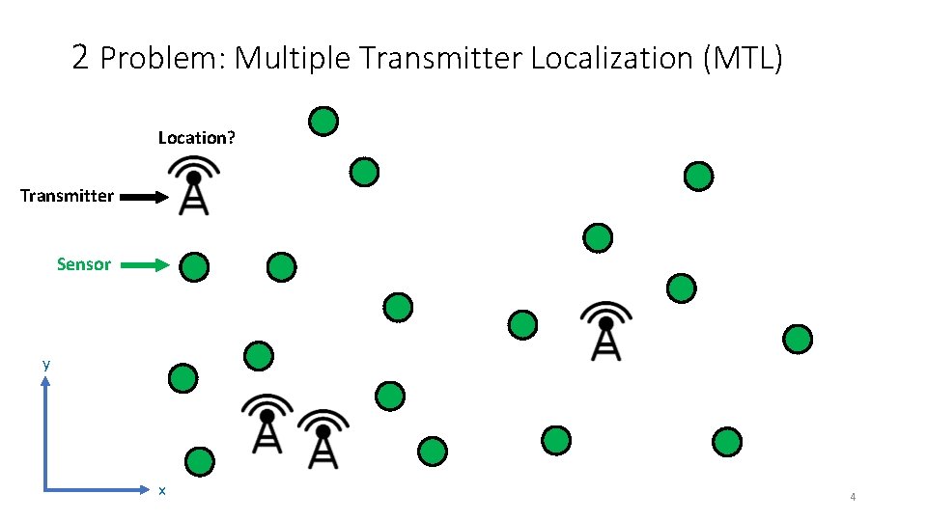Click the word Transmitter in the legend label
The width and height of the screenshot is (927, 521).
tap(67, 197)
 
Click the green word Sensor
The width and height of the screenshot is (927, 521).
tap(84, 264)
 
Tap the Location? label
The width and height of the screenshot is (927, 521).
tap(196, 138)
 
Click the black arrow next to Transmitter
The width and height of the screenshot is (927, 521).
tap(145, 197)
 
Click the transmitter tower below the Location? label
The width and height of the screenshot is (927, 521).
tap(194, 185)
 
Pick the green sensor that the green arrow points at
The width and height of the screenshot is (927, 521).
tap(195, 266)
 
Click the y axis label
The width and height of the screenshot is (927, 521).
tap(45, 365)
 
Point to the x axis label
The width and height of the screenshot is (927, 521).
tap(162, 491)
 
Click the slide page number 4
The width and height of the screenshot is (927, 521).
tap(853, 497)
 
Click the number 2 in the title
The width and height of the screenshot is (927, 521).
tap(81, 59)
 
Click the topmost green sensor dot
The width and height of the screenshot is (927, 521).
tap(323, 122)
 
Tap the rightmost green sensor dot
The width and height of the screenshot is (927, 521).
tap(798, 339)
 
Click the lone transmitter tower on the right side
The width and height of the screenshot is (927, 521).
tap(605, 330)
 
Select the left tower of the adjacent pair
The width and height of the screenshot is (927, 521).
tap(267, 423)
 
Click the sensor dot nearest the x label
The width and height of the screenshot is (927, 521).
tap(199, 461)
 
